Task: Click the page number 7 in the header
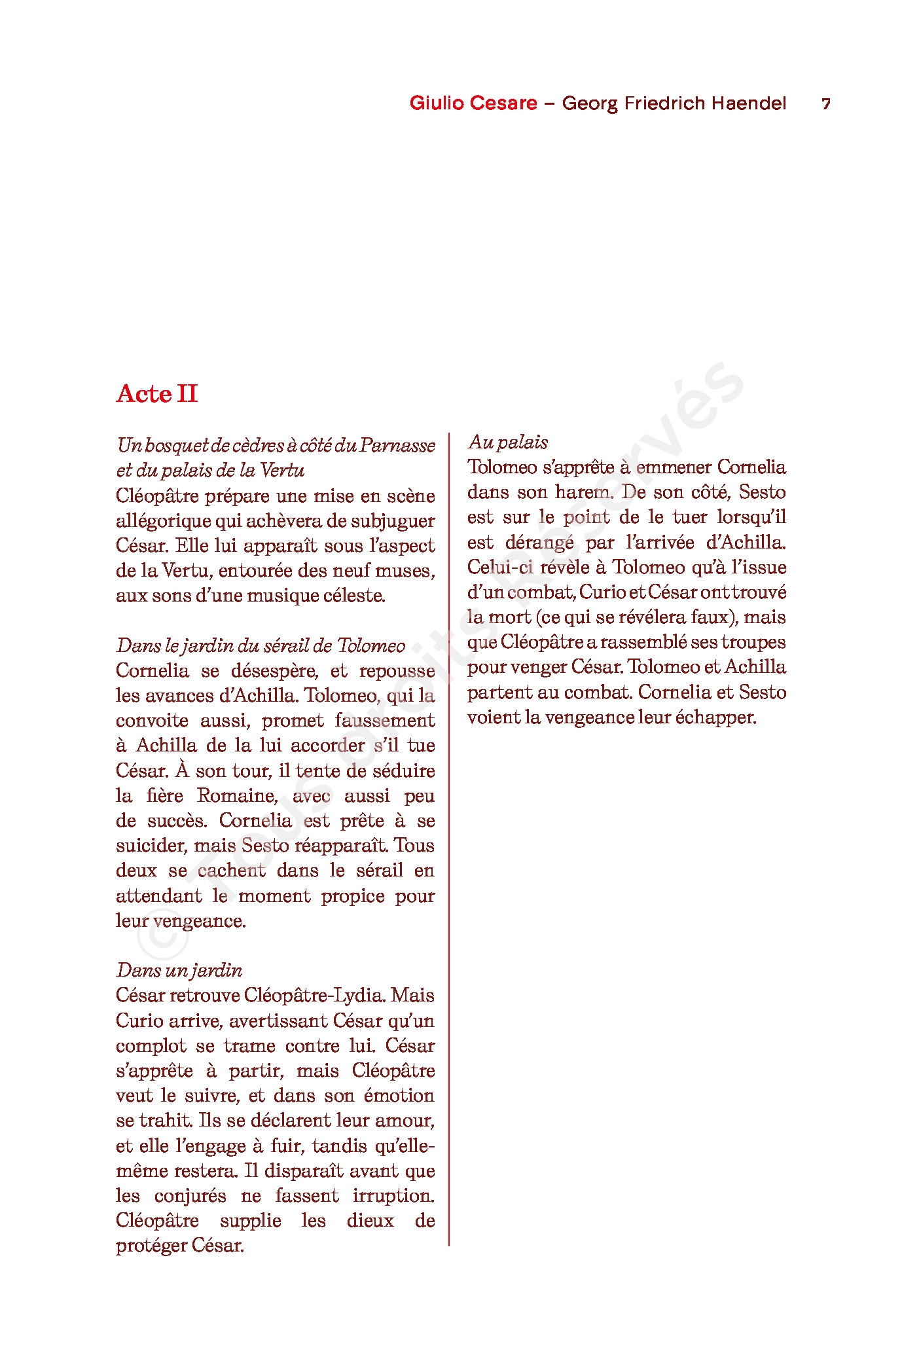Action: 826,104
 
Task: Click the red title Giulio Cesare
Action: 473,103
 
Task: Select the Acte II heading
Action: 157,394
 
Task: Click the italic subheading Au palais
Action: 508,442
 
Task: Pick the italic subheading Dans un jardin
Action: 179,970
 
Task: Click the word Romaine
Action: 238,796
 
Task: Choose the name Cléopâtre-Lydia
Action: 314,996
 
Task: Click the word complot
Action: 151,1046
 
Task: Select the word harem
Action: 584,492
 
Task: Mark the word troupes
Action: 753,642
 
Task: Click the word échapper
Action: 716,717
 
